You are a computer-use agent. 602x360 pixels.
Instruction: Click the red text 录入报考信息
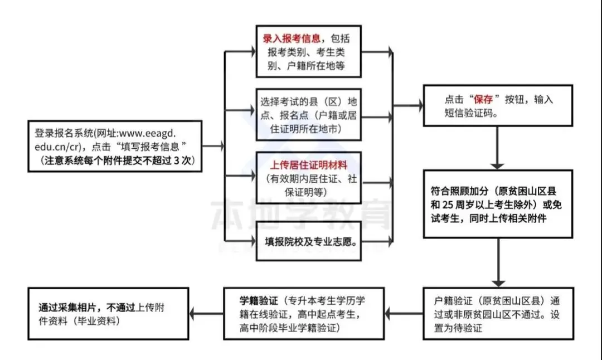click(x=292, y=39)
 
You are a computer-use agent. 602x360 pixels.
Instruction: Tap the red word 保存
click(x=482, y=100)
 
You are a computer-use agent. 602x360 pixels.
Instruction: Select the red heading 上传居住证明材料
click(x=308, y=166)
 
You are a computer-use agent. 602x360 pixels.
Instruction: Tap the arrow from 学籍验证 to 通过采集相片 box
click(x=206, y=314)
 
